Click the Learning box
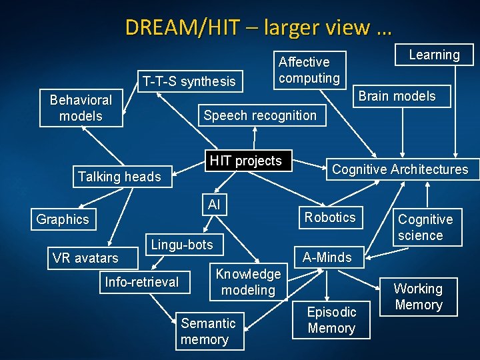pos(434,55)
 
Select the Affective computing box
pos(309,70)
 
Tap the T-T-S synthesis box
pos(189,81)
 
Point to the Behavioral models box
pos(81,108)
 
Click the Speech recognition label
pos(260,115)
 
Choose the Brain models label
pos(397,96)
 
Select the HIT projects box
pos(245,161)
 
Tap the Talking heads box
pos(119,177)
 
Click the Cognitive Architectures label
pos(400,169)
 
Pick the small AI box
pos(213,205)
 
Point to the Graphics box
pos(63,219)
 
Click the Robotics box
pos(330,217)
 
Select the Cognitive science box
pos(425,227)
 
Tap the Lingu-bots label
pos(182,245)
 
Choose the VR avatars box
pos(85,258)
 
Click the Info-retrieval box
pos(142,282)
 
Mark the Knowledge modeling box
pos(248,282)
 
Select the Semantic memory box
pos(208,331)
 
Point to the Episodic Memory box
pos(331,320)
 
